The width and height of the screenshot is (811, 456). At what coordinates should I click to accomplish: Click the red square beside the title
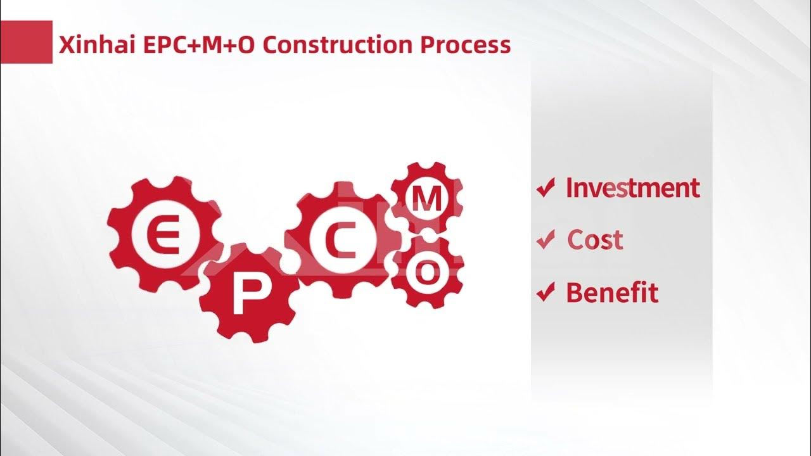click(x=26, y=42)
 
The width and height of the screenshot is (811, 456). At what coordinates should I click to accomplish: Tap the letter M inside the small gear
click(x=427, y=199)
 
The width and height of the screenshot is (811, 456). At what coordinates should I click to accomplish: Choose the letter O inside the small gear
click(x=428, y=272)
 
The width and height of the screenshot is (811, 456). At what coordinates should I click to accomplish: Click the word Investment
click(x=632, y=188)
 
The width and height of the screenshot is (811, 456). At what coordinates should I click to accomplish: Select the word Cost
click(x=595, y=240)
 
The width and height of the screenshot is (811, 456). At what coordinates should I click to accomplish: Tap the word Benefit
click(x=611, y=293)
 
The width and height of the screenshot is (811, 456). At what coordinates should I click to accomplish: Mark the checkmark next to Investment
click(x=546, y=189)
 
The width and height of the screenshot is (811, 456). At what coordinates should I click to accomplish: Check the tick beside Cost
click(x=546, y=241)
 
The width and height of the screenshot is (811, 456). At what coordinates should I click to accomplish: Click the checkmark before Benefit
click(x=546, y=293)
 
